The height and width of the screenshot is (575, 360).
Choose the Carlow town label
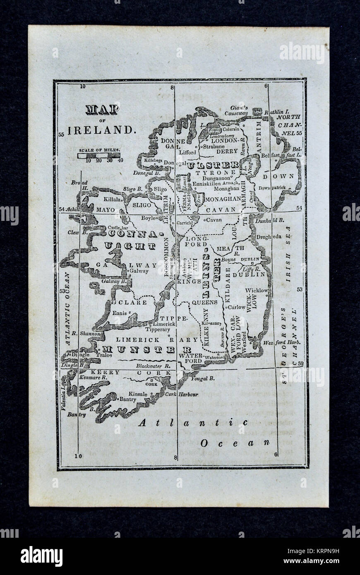click(x=238, y=307)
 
